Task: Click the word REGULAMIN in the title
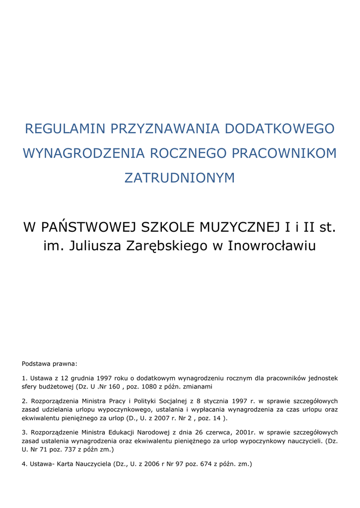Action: point(65,129)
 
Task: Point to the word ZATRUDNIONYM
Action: point(179,178)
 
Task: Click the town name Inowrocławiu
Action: point(272,246)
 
